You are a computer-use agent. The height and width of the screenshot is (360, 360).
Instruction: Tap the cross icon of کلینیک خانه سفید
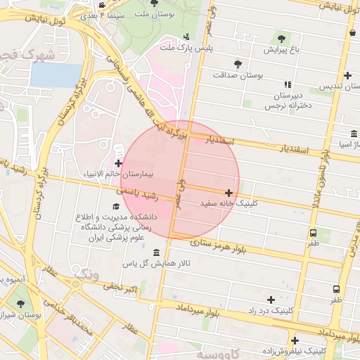tap(229, 192)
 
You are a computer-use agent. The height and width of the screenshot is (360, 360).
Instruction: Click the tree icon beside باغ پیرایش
tap(282, 39)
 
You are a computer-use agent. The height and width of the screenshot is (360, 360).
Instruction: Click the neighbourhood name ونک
tap(86, 273)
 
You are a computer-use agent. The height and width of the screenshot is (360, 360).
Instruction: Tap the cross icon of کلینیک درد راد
tap(271, 300)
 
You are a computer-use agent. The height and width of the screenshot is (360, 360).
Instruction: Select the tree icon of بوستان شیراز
tap(19, 304)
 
